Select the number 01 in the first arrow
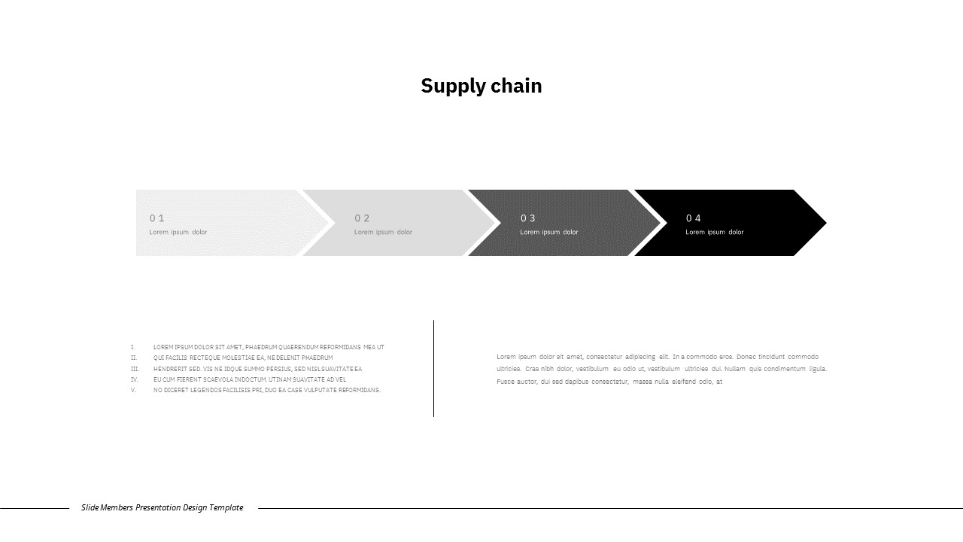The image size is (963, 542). pyautogui.click(x=156, y=218)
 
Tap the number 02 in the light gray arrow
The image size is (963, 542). pyautogui.click(x=362, y=218)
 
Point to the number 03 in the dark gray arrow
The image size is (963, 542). pyautogui.click(x=528, y=218)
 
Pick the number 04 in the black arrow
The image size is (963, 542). pyautogui.click(x=693, y=218)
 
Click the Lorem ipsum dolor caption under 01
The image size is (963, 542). pyautogui.click(x=178, y=232)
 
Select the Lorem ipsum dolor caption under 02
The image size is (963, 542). pyautogui.click(x=383, y=232)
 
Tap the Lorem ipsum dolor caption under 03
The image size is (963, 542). pyautogui.click(x=549, y=232)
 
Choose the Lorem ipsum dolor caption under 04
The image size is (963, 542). pyautogui.click(x=714, y=232)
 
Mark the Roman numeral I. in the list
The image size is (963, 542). pyautogui.click(x=132, y=347)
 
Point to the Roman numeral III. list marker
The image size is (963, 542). pyautogui.click(x=135, y=369)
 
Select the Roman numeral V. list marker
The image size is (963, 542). pyautogui.click(x=133, y=390)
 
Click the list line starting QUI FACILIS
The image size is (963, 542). pyautogui.click(x=243, y=358)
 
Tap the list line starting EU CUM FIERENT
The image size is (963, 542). pyautogui.click(x=250, y=379)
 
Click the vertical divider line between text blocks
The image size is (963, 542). pyautogui.click(x=433, y=368)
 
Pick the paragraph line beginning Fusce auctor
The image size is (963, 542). pyautogui.click(x=609, y=382)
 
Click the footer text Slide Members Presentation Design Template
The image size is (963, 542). pyautogui.click(x=163, y=507)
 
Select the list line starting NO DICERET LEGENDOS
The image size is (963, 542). pyautogui.click(x=267, y=390)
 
